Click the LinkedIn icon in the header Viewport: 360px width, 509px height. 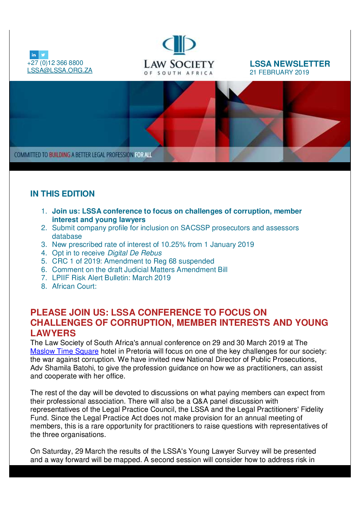click(x=34, y=55)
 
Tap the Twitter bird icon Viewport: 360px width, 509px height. click(x=44, y=55)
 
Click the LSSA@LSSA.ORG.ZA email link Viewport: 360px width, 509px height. click(x=60, y=70)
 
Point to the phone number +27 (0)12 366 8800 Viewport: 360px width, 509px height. click(x=55, y=63)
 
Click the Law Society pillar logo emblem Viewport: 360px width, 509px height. click(x=179, y=45)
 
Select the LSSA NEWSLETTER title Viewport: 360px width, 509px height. click(x=290, y=64)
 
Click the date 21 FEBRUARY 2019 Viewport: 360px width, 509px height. click(x=279, y=72)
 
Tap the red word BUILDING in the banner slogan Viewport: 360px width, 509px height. click(x=60, y=155)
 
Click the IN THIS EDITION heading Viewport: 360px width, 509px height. click(x=62, y=193)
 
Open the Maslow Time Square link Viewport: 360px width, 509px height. click(x=64, y=351)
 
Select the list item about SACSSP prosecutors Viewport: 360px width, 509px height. click(x=175, y=228)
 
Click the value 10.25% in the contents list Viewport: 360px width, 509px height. click(x=173, y=244)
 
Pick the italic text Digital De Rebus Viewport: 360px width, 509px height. click(x=134, y=253)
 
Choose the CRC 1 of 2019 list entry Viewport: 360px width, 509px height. click(x=133, y=261)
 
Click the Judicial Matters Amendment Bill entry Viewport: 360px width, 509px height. click(x=140, y=270)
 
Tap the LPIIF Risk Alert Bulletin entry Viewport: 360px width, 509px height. click(x=111, y=278)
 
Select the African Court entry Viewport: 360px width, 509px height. click(x=74, y=286)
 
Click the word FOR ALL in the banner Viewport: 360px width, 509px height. click(x=143, y=155)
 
